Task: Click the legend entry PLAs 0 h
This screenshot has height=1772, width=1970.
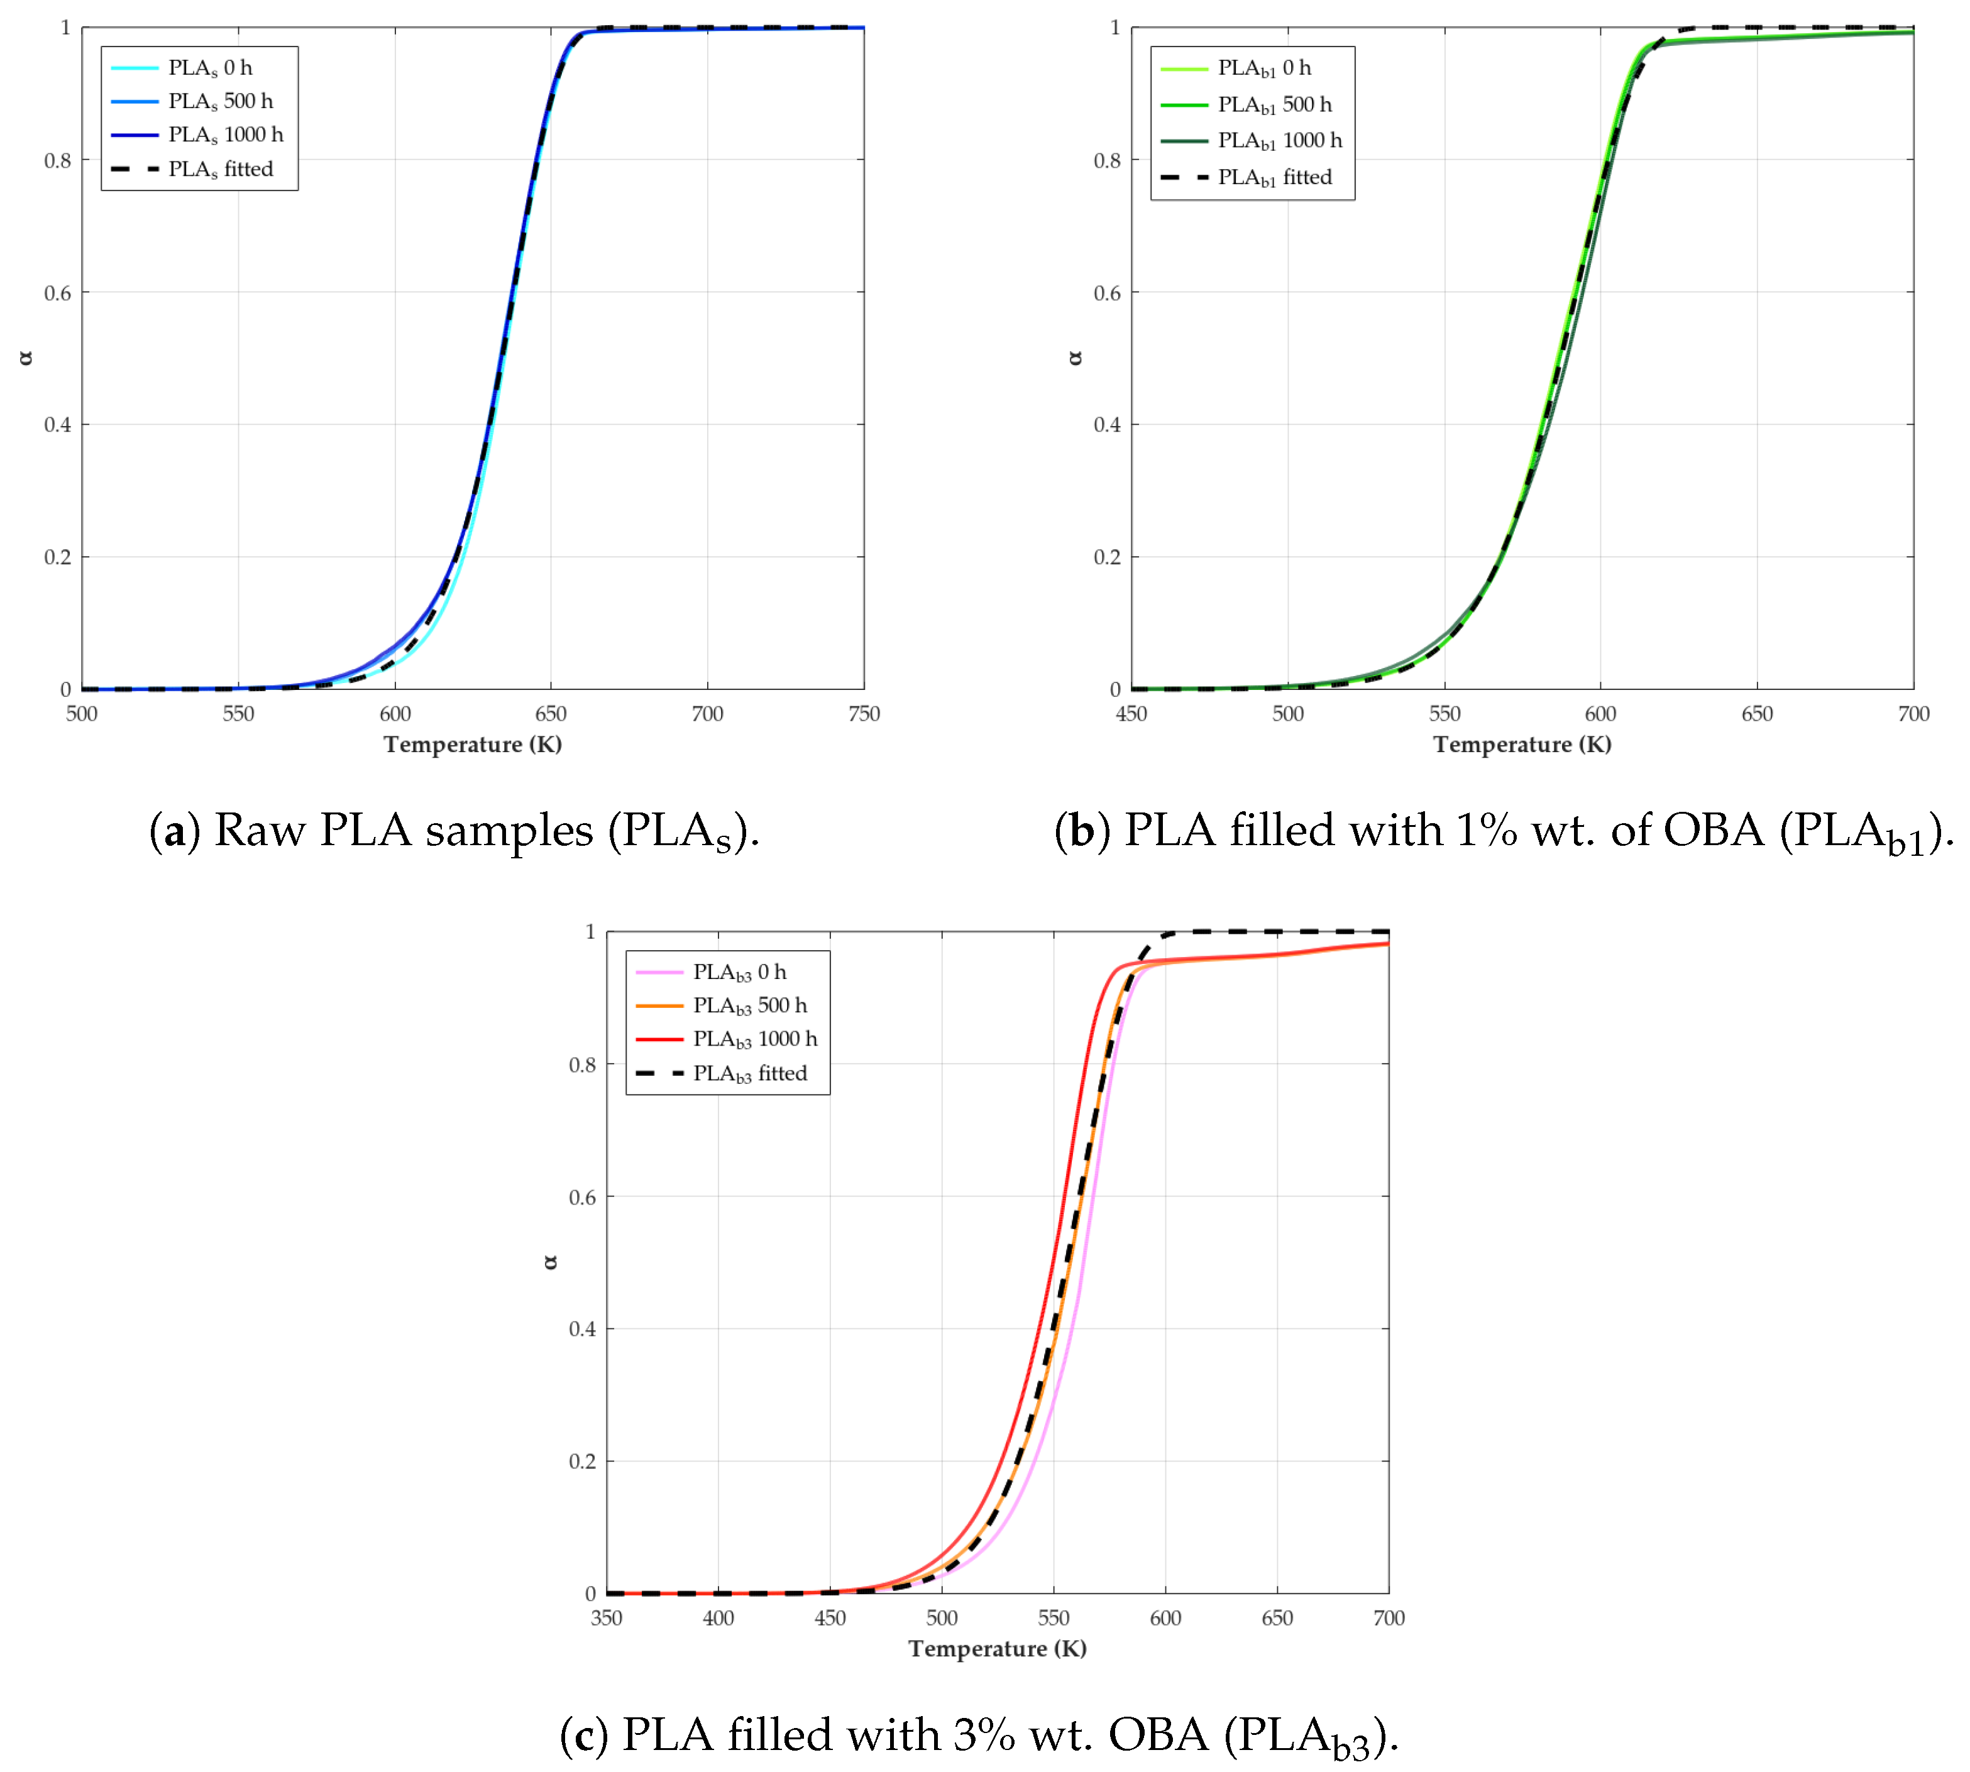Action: (209, 68)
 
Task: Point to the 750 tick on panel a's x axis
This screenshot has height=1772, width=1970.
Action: (863, 714)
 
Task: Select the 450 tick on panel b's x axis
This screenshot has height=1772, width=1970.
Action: (1131, 714)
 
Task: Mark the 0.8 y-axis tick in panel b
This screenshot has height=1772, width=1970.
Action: (1106, 161)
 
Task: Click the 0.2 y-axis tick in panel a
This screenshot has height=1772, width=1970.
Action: (57, 557)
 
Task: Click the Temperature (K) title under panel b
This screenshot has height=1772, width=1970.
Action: (1521, 744)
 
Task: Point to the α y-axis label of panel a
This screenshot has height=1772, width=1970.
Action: (26, 358)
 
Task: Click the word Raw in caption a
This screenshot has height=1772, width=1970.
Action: (259, 831)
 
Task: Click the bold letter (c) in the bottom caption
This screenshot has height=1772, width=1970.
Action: (585, 1735)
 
